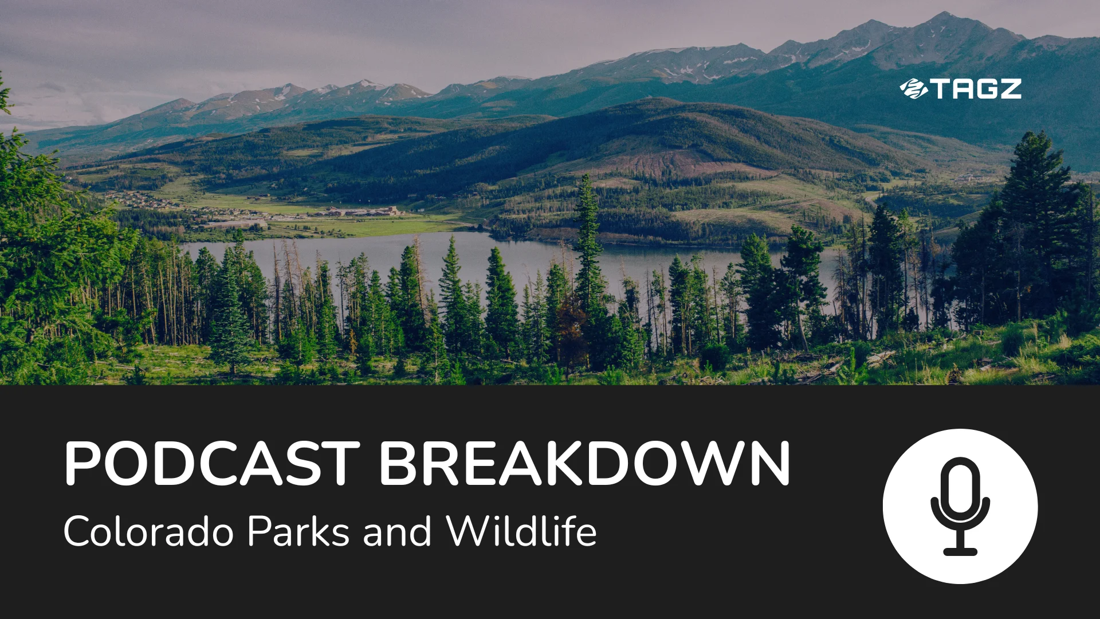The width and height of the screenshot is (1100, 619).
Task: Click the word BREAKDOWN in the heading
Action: [585, 464]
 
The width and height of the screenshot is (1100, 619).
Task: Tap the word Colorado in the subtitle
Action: [148, 531]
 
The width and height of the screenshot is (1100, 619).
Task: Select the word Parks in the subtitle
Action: [298, 531]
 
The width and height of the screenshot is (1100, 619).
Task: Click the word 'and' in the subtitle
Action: [397, 531]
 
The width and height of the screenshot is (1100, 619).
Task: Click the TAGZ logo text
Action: [976, 89]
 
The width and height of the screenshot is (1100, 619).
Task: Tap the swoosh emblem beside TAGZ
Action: [913, 89]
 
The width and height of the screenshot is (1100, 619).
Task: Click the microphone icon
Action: [960, 506]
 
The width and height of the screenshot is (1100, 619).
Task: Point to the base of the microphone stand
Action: [960, 551]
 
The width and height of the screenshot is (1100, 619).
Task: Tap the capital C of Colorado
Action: [77, 531]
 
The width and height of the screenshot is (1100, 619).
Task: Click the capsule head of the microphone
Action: [960, 487]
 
